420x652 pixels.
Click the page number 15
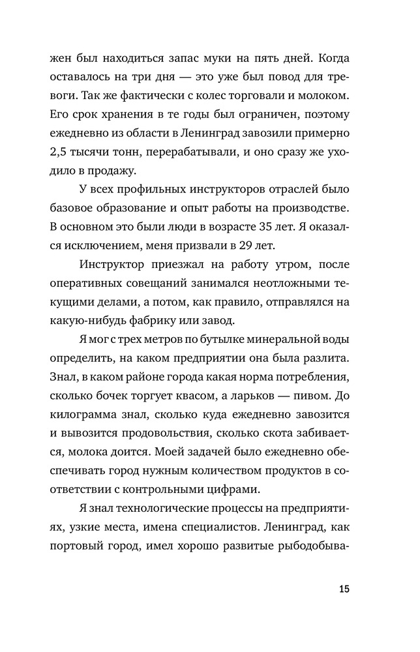click(x=344, y=589)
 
